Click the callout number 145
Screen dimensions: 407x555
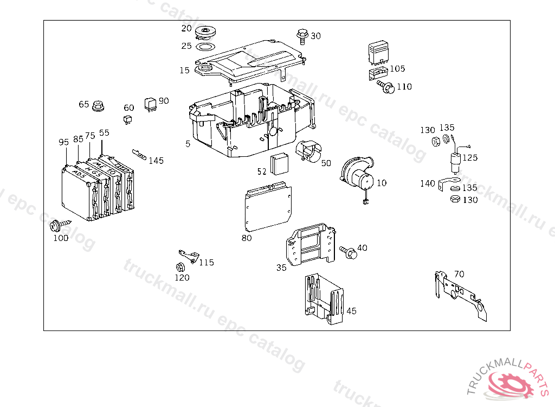[x=156, y=161]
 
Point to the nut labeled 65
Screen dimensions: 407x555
[x=98, y=106]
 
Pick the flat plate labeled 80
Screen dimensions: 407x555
[x=267, y=208]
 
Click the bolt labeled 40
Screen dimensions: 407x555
[x=347, y=251]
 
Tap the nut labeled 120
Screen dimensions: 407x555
[x=179, y=267]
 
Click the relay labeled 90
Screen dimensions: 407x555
[x=150, y=104]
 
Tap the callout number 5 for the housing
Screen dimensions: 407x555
[x=188, y=144]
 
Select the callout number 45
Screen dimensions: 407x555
[x=351, y=311]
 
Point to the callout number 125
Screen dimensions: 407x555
[x=470, y=157]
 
